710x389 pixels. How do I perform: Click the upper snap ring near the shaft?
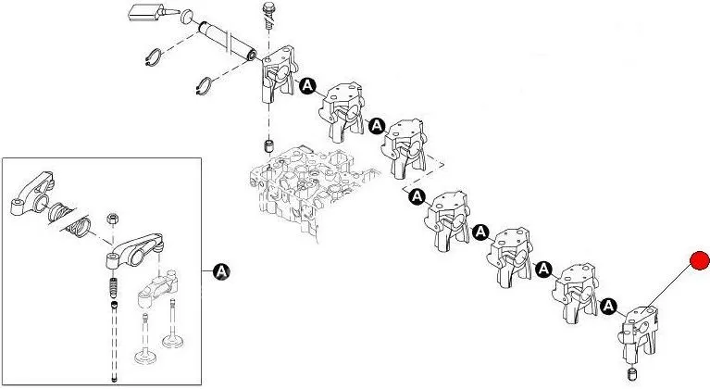[x=157, y=56]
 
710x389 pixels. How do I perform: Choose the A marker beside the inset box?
[x=221, y=270]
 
